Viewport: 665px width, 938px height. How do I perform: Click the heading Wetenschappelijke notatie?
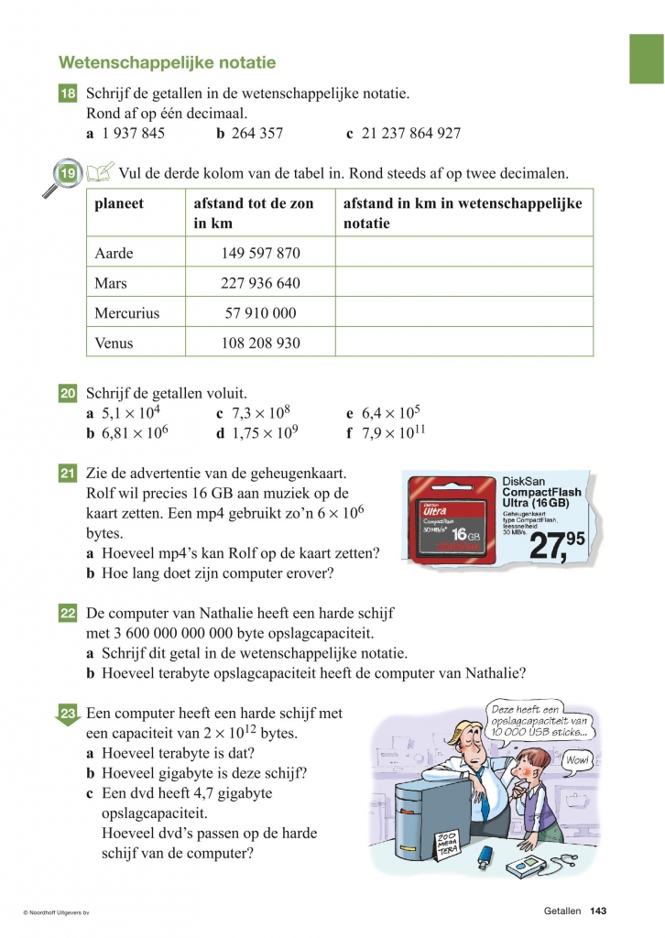(167, 63)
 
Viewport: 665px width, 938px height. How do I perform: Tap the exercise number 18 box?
(68, 94)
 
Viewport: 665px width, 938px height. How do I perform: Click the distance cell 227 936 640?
(260, 283)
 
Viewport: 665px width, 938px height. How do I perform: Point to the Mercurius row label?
(126, 313)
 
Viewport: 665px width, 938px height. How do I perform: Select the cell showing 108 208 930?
(260, 344)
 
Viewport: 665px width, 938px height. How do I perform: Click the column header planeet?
(119, 203)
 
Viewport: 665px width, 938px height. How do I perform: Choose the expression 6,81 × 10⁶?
(135, 432)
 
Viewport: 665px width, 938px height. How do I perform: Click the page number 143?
(599, 911)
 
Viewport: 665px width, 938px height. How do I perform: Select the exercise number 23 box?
(68, 714)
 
